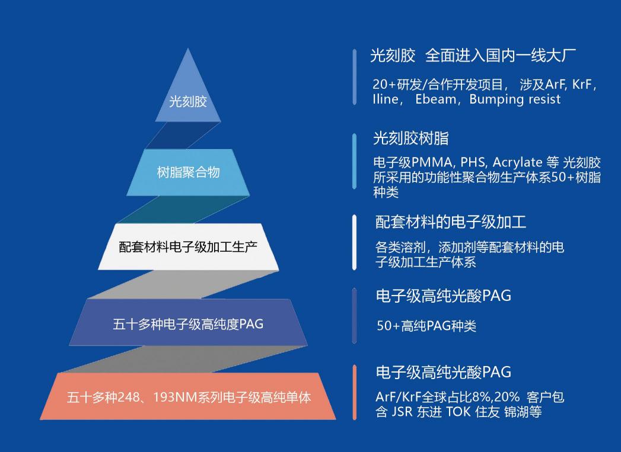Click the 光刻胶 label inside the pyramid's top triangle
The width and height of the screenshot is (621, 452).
[x=188, y=102]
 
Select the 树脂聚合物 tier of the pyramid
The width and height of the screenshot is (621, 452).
[x=188, y=172]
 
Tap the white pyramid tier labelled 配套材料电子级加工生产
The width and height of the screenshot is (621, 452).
[x=188, y=247]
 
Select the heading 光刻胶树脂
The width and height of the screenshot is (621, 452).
[x=410, y=138]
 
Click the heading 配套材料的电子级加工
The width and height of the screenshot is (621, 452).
[x=451, y=222]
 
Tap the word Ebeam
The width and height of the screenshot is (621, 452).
[x=436, y=99]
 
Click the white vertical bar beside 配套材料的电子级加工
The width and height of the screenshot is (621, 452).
[x=355, y=242]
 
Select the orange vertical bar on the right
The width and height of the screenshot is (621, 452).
[x=355, y=392]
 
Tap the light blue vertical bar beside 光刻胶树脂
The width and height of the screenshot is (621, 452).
[x=355, y=161]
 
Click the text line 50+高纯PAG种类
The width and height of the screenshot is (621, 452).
[x=426, y=326]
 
